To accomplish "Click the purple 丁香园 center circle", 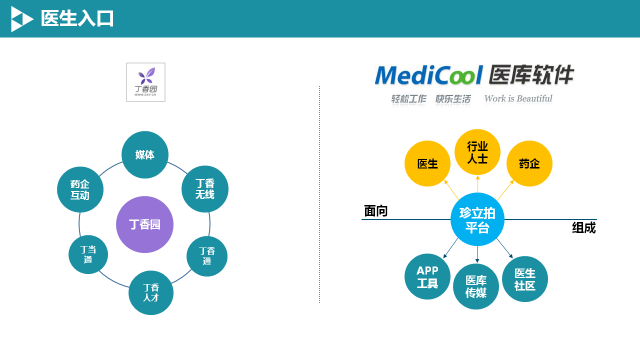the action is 145,224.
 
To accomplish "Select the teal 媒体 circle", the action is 145,155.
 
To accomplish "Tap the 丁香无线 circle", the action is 205,188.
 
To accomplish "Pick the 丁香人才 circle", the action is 151,292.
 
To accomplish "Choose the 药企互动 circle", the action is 80,190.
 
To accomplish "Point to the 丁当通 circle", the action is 89,253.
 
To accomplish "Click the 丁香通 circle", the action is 207,257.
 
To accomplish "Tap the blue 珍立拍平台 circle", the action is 476,220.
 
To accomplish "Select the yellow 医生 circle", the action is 427,163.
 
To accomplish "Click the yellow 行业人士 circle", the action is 477,152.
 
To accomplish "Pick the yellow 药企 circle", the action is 529,163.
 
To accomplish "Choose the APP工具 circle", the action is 427,277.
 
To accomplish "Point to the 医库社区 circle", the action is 525,279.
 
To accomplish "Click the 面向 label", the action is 376,211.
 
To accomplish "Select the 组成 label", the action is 583,227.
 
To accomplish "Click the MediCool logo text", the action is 430,76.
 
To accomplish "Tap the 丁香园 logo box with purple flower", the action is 146,82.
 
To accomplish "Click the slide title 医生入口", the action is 77,18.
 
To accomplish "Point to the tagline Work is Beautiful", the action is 517,99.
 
